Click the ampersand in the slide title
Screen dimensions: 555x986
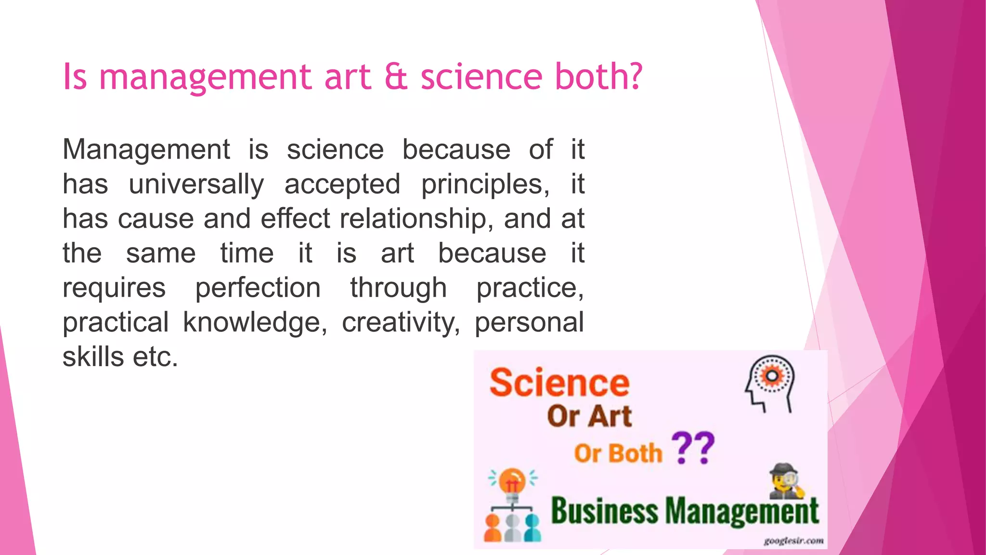pyautogui.click(x=396, y=77)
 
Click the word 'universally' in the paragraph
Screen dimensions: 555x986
pyautogui.click(x=196, y=185)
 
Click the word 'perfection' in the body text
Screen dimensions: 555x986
pyautogui.click(x=258, y=288)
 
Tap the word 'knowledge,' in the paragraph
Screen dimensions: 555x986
pyautogui.click(x=255, y=322)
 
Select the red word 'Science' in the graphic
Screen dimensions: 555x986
pyautogui.click(x=559, y=383)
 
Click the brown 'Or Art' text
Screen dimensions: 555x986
pyautogui.click(x=589, y=416)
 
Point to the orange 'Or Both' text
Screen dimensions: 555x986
pyautogui.click(x=618, y=453)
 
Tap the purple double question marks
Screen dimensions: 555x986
pyautogui.click(x=693, y=448)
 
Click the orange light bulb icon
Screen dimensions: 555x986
pyautogui.click(x=512, y=482)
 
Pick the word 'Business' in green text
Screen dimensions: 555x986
pyautogui.click(x=604, y=511)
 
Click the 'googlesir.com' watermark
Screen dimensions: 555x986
pyautogui.click(x=793, y=541)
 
